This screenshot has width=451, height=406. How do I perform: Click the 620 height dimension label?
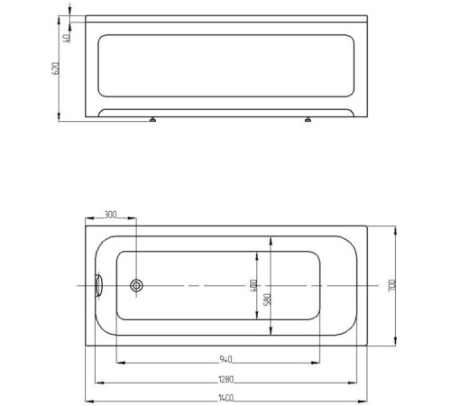[55, 68]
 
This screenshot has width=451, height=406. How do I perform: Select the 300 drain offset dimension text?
[110, 215]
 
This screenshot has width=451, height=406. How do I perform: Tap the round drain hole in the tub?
[136, 285]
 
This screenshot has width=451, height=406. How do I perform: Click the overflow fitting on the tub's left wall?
[98, 285]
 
